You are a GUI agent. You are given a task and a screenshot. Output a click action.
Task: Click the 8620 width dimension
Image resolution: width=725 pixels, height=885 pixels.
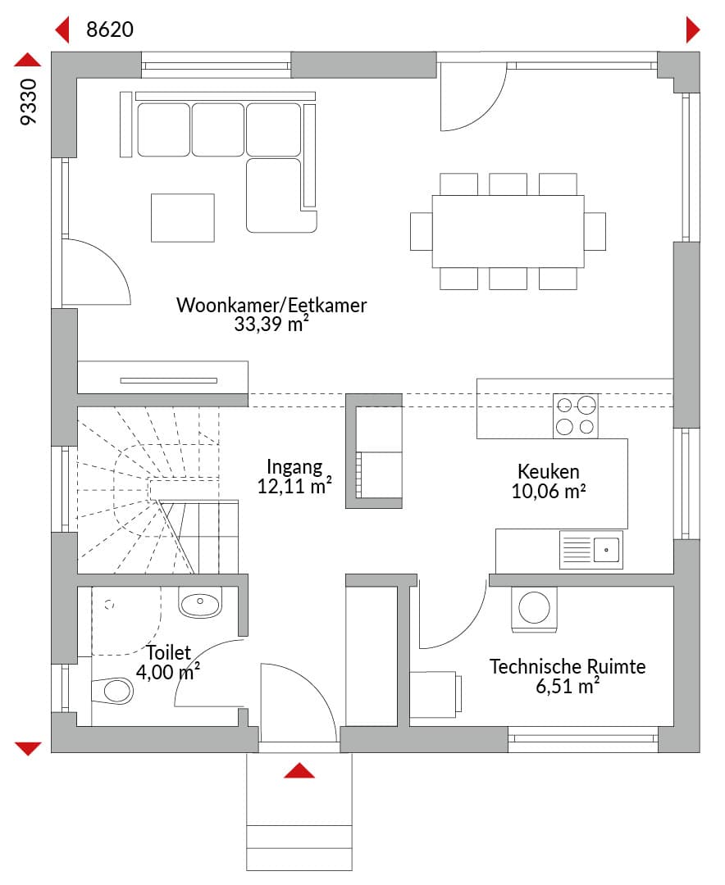tap(110, 29)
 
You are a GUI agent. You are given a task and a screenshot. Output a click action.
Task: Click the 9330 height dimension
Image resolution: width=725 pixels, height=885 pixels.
tap(28, 102)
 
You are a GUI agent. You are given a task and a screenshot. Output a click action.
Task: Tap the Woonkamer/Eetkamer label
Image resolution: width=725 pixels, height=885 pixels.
tap(271, 306)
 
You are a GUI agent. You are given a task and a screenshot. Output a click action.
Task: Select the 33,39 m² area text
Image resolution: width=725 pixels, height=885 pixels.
tap(271, 324)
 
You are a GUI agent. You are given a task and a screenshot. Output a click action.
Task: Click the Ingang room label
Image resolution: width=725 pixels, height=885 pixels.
tap(294, 467)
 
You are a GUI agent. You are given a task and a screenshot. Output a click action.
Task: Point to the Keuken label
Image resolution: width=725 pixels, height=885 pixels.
tap(548, 471)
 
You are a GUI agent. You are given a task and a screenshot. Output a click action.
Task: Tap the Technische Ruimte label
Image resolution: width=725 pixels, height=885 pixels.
tap(568, 666)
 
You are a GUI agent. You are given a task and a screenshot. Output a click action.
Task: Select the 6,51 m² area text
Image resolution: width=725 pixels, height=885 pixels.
tap(568, 686)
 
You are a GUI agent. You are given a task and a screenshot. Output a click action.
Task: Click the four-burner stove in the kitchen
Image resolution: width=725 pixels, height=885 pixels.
tap(575, 416)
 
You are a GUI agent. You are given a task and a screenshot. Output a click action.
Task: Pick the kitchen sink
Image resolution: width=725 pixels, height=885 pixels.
tap(591, 549)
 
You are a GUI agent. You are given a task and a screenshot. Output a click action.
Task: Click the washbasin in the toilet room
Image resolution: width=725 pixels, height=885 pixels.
tap(200, 603)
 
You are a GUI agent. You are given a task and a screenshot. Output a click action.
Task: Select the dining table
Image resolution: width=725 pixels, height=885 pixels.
tap(508, 231)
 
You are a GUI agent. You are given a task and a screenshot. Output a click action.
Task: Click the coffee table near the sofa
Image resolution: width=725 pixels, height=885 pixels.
tap(183, 218)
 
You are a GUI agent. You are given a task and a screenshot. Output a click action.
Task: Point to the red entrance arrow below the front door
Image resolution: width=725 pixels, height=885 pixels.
tap(299, 771)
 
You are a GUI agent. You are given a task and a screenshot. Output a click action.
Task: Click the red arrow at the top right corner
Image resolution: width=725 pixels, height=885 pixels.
tap(693, 29)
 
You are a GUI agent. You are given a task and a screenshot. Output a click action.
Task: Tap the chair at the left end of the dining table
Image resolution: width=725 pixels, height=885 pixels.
tap(421, 231)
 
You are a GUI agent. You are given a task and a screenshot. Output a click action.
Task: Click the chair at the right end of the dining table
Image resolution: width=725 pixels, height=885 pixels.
tap(595, 231)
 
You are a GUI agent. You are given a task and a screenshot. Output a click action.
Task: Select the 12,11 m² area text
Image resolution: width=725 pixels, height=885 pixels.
tap(294, 486)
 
